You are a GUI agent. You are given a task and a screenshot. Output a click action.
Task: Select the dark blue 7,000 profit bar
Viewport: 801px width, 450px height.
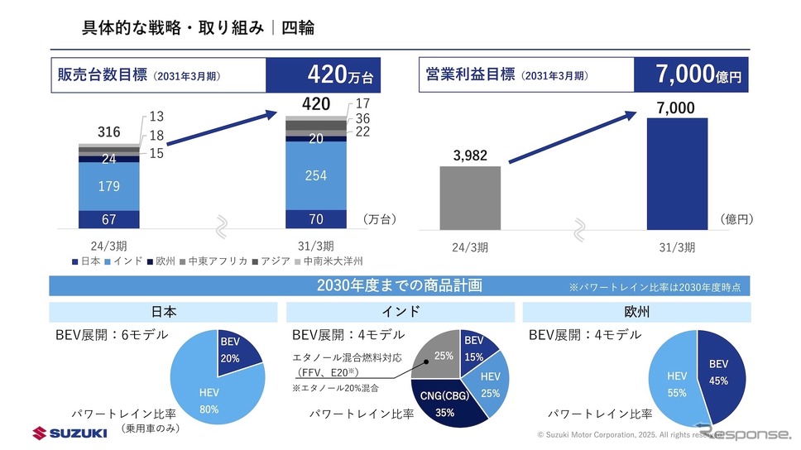click(677, 173)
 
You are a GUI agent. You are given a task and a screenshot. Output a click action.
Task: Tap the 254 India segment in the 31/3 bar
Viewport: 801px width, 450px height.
click(316, 175)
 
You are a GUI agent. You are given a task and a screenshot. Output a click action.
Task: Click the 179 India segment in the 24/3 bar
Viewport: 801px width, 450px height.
click(109, 186)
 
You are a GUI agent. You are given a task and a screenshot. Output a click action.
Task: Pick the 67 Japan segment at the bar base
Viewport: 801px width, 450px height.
click(109, 219)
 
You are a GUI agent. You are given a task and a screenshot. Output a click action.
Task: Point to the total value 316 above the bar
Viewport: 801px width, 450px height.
click(109, 132)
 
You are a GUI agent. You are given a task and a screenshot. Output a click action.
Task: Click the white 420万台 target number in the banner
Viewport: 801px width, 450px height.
click(340, 76)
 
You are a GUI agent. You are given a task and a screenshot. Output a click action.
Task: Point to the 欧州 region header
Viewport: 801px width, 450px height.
click(637, 312)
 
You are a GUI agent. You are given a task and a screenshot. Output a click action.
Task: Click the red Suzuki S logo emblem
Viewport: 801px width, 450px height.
click(41, 433)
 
